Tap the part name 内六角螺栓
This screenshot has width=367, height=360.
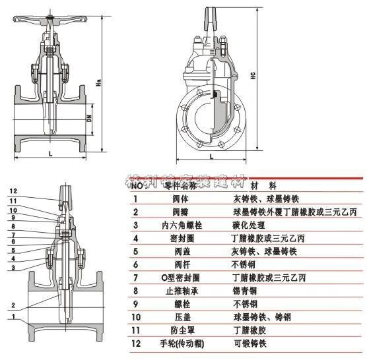click(172, 225)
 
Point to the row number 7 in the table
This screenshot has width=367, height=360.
click(135, 278)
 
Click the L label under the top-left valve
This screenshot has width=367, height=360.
click(50, 153)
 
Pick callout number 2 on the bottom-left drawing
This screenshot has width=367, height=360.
click(13, 305)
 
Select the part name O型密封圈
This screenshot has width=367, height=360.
click(172, 278)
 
